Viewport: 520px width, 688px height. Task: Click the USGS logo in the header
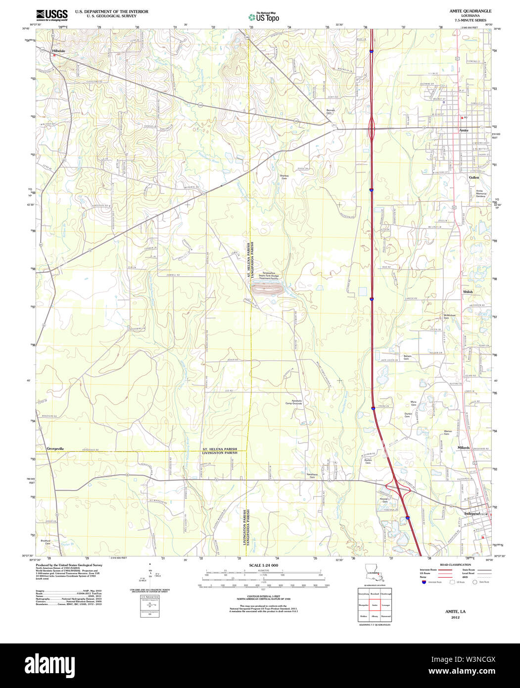coord(51,15)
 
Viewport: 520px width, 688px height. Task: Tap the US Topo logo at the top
coord(263,17)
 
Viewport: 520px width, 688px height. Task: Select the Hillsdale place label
coord(59,50)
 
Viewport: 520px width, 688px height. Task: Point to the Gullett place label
coord(474,177)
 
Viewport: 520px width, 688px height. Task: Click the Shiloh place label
coord(468,292)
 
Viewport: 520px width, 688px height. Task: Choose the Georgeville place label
coord(55,448)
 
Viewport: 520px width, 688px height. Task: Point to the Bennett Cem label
coord(331,111)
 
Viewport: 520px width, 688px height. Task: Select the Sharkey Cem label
coord(284,177)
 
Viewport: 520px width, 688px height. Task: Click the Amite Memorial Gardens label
coord(481,194)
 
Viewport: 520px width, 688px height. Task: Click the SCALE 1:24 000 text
coord(264,565)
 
